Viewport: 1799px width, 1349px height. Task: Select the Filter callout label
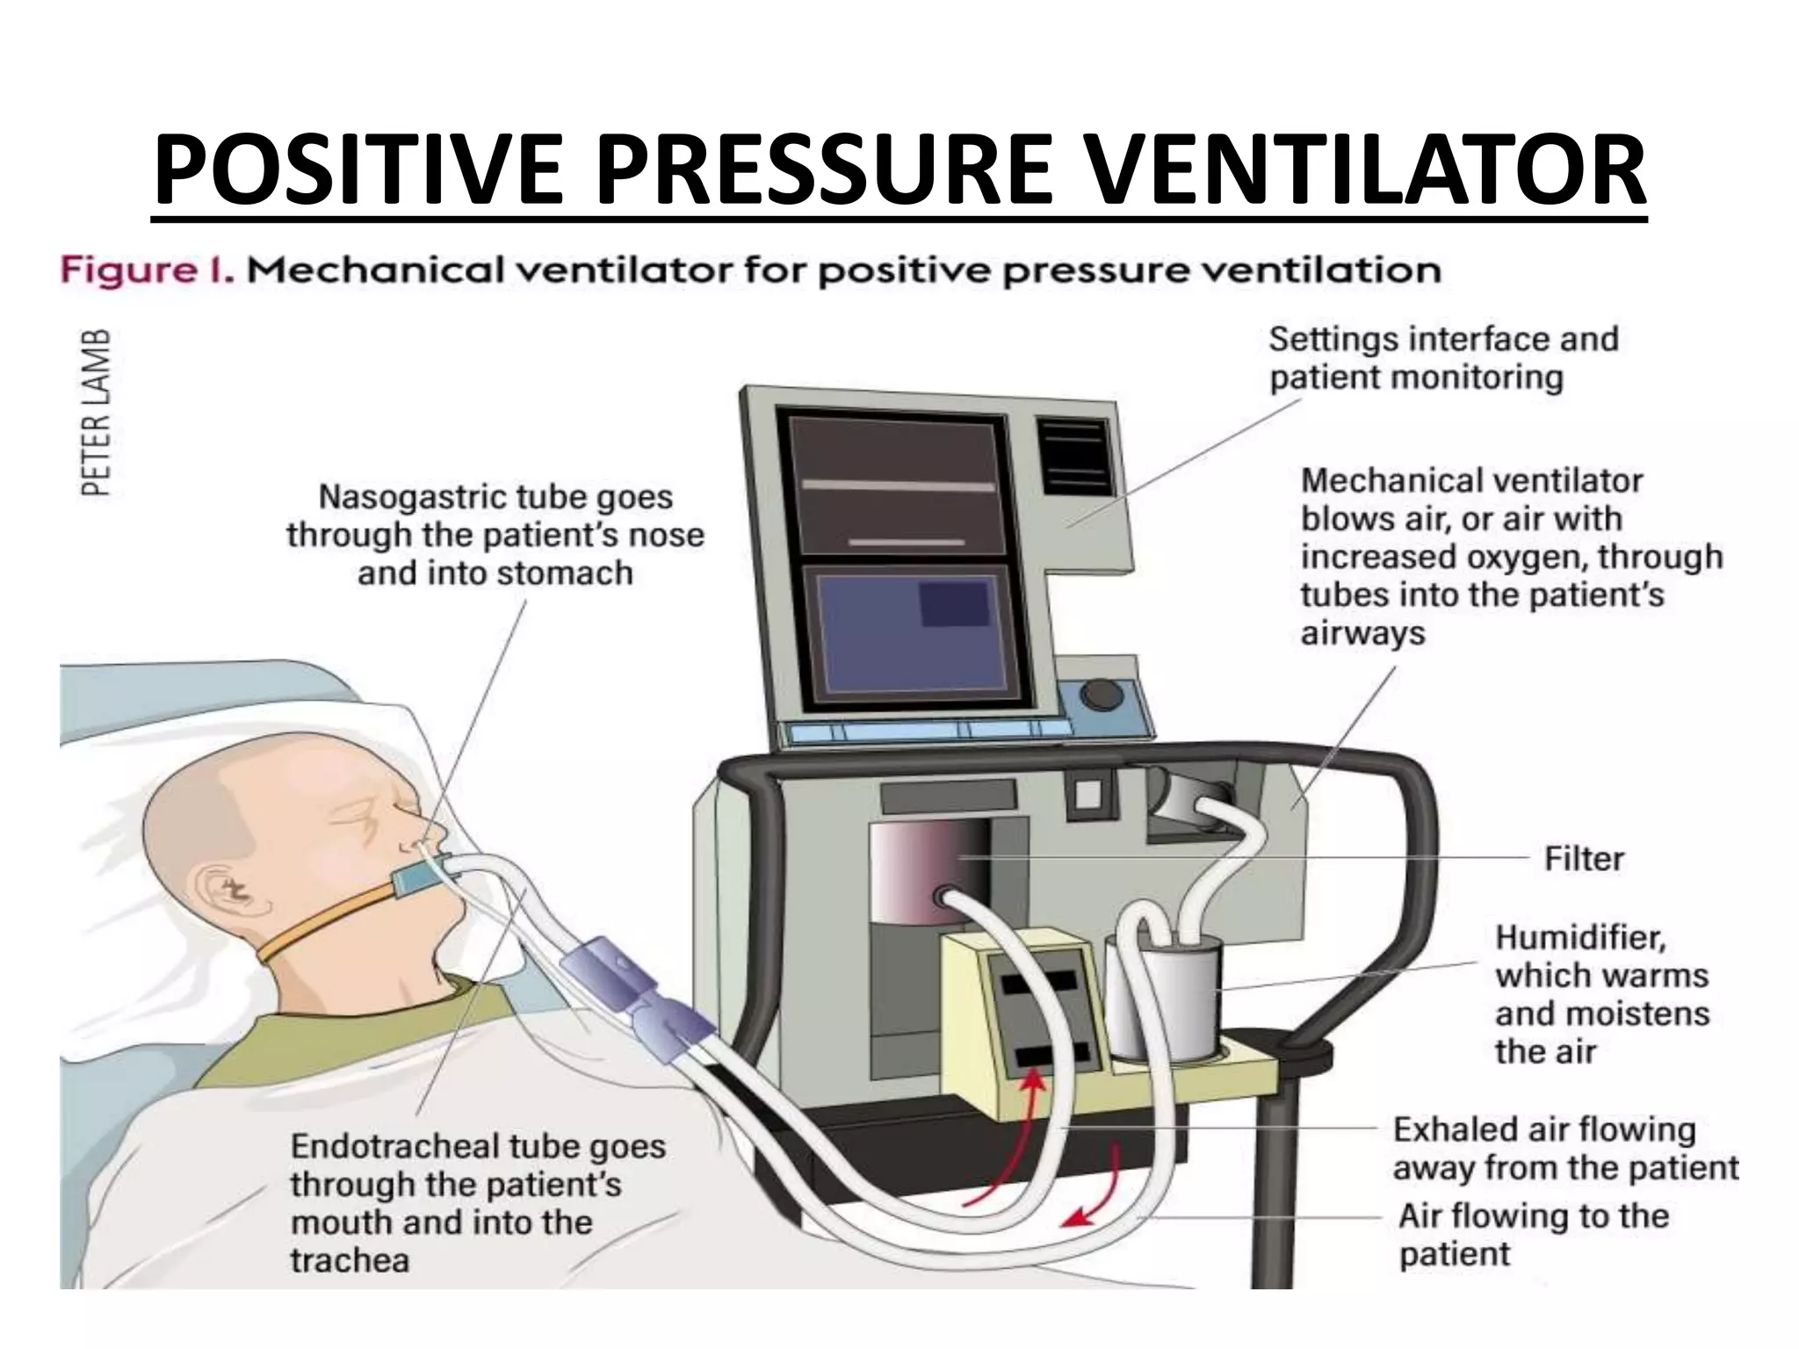1584,858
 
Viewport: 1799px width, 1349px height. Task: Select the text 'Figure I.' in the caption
147,270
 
